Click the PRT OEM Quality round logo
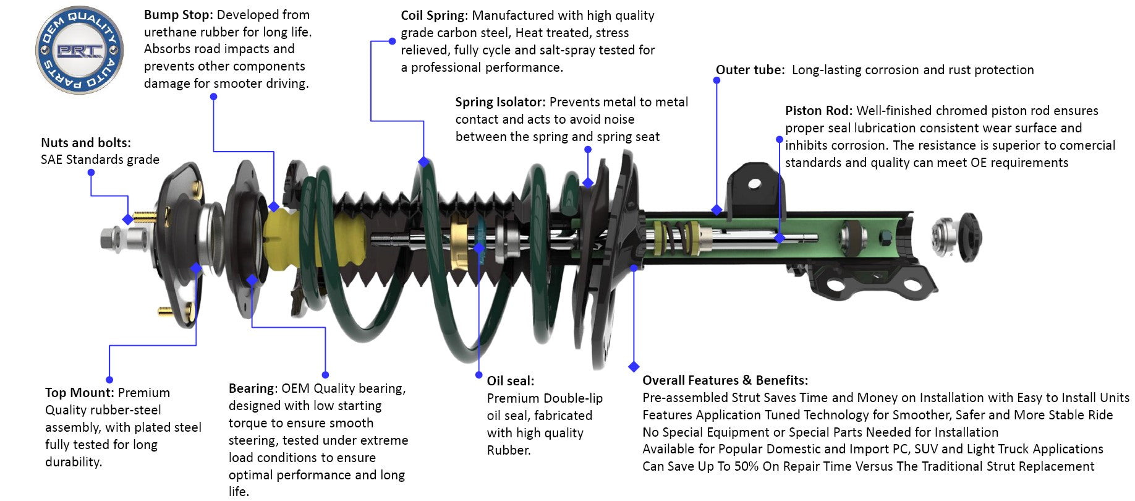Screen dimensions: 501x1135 (x=79, y=50)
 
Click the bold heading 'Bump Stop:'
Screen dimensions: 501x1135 (x=179, y=15)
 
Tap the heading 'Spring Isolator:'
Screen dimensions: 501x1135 (x=500, y=102)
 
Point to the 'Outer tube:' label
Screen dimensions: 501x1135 (x=750, y=70)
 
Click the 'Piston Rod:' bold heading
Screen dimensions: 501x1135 (x=818, y=111)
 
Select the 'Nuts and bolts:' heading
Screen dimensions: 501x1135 (x=86, y=143)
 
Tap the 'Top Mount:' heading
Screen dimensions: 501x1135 (x=79, y=393)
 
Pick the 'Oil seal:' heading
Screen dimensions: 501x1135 (x=510, y=381)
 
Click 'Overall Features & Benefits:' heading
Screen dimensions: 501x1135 (x=725, y=380)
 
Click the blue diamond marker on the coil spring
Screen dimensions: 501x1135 (x=423, y=162)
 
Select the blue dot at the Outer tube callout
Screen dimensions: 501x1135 (x=716, y=81)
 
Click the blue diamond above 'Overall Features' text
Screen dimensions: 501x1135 (x=633, y=367)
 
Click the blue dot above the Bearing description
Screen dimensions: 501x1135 (x=325, y=375)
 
